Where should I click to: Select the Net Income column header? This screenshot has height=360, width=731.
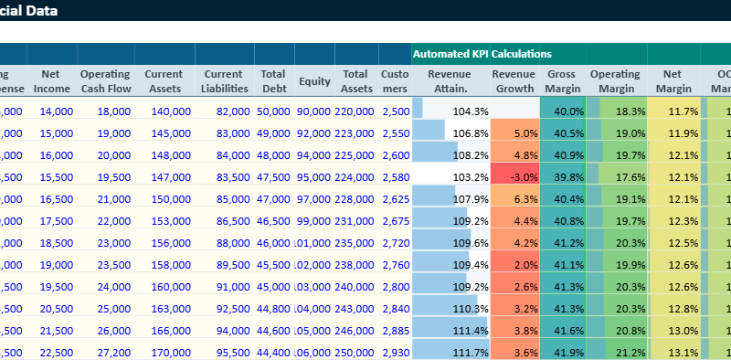(x=51, y=80)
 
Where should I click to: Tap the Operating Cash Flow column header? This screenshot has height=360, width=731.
(x=105, y=80)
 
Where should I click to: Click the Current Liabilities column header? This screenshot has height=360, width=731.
(x=223, y=80)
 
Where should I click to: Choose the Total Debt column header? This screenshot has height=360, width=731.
(x=273, y=80)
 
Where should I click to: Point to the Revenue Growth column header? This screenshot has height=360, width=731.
(x=514, y=80)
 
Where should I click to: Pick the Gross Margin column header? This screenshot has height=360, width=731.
(x=563, y=80)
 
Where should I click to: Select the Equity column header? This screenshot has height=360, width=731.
(x=314, y=81)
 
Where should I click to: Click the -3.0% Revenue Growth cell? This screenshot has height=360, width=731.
(x=515, y=176)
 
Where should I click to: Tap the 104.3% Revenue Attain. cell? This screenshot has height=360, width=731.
(x=451, y=111)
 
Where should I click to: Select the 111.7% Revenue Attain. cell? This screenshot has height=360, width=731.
(x=451, y=352)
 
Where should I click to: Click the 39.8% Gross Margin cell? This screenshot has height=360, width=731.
(x=563, y=176)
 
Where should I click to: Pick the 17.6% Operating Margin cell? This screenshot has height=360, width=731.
(x=616, y=176)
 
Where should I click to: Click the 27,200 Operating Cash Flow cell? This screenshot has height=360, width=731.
(x=105, y=352)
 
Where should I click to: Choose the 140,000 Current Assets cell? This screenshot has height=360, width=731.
(x=164, y=111)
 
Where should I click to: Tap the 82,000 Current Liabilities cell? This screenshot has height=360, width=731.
(x=223, y=111)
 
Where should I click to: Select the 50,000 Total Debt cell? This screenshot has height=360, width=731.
(x=273, y=111)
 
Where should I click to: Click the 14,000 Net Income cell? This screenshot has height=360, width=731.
(x=51, y=111)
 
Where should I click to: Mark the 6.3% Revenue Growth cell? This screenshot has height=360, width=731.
(x=515, y=198)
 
